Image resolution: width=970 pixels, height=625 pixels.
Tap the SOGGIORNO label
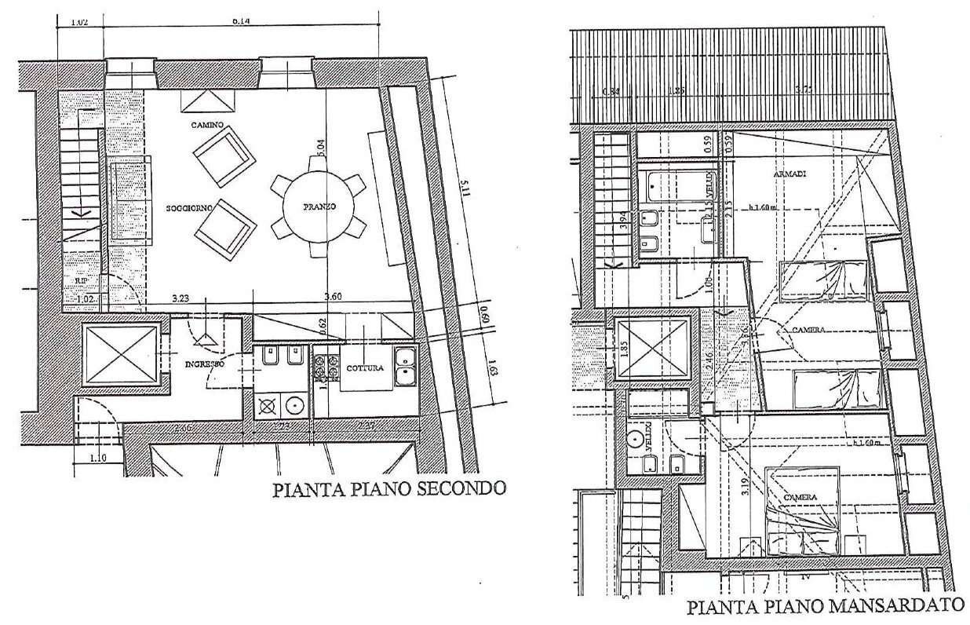click(185, 210)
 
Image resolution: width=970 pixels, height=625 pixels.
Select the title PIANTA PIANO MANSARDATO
click(825, 606)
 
